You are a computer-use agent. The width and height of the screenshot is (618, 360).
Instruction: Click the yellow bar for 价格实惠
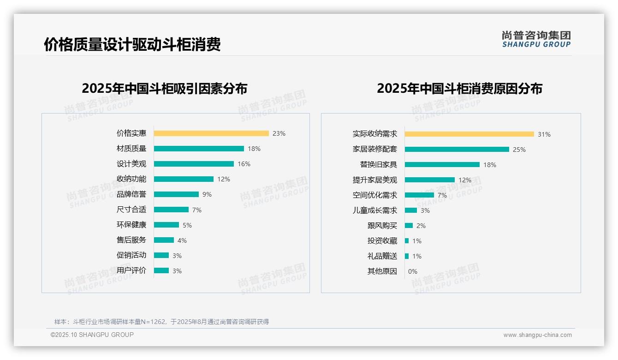(x=211, y=133)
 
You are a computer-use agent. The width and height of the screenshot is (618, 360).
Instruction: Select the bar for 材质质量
(x=199, y=149)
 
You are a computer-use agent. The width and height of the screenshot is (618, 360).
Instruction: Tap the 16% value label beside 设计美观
(x=244, y=164)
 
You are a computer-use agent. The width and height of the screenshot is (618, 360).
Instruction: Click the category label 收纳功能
(x=131, y=179)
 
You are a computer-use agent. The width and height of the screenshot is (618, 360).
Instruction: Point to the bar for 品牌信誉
(x=176, y=194)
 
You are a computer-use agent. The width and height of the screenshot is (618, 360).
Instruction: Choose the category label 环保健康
(x=131, y=225)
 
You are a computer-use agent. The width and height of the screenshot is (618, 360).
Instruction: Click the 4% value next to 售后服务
(x=182, y=240)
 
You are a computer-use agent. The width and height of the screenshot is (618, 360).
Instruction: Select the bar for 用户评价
(x=161, y=270)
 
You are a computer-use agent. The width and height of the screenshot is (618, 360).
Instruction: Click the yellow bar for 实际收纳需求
(x=469, y=134)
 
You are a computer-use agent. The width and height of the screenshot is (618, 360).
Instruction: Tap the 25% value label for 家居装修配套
(x=519, y=150)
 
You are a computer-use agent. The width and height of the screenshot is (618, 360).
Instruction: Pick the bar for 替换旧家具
(x=442, y=165)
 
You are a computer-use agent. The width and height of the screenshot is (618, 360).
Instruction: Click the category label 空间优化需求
(x=374, y=195)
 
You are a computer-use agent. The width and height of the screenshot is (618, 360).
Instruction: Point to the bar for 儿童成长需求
(x=411, y=210)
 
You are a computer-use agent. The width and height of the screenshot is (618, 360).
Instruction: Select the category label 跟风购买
(x=382, y=226)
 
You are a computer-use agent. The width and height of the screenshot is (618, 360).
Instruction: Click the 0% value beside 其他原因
(x=413, y=271)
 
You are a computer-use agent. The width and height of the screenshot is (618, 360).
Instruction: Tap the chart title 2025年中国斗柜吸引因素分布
(x=165, y=89)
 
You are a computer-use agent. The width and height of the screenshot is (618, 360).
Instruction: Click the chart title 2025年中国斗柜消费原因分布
(x=459, y=89)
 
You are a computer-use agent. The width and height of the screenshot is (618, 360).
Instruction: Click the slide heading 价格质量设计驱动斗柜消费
(x=132, y=44)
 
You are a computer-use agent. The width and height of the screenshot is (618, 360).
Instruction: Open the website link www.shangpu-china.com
(x=537, y=335)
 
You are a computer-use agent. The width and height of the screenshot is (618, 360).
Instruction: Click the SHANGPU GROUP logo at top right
(x=536, y=39)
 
